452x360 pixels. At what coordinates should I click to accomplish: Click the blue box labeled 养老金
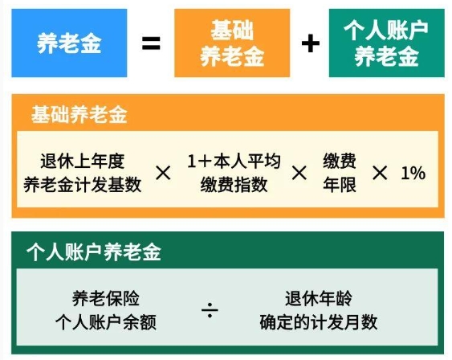tap(69, 43)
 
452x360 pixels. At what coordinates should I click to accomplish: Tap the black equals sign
tap(151, 43)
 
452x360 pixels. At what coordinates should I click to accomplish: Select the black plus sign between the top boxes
tap(311, 43)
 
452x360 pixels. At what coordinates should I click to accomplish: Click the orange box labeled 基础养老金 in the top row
tap(232, 43)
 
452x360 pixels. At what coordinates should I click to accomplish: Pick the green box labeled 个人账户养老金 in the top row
tap(386, 43)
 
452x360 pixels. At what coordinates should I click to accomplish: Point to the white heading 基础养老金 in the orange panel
tap(79, 115)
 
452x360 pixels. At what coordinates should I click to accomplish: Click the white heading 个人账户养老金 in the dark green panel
tap(94, 252)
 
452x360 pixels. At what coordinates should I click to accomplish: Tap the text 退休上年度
tap(83, 161)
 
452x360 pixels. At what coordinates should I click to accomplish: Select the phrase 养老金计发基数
tap(83, 185)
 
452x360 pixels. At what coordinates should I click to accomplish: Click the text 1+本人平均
tap(234, 161)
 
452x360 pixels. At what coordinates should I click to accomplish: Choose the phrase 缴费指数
tap(234, 185)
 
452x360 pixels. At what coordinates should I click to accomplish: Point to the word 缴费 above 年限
tap(340, 161)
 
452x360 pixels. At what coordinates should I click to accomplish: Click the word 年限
tap(340, 185)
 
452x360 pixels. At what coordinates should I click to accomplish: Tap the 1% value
tap(413, 173)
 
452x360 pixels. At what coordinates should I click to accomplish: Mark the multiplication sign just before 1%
tap(380, 173)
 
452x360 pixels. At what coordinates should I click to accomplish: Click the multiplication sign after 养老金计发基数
tap(163, 173)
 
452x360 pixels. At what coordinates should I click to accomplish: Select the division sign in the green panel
tap(210, 310)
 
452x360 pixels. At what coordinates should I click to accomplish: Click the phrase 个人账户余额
tap(106, 322)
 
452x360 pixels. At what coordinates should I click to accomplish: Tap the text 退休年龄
tap(319, 298)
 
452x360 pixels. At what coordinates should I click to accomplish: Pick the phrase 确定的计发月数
tap(319, 322)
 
